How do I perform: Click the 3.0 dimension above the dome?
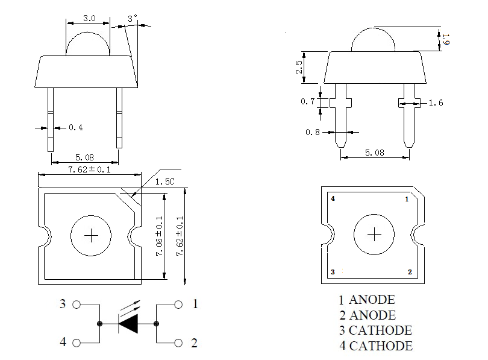(x=89, y=18)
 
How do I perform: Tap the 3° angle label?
(x=133, y=19)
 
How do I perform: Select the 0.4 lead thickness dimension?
(x=76, y=127)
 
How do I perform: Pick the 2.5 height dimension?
(x=299, y=67)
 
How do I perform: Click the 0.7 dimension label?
(x=307, y=102)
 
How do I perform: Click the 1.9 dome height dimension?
(x=446, y=40)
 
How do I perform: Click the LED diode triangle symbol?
(x=128, y=324)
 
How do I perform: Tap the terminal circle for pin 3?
(x=77, y=305)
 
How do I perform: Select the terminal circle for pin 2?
(x=178, y=343)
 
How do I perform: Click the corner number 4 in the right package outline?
(x=333, y=198)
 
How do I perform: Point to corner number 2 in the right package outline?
(x=410, y=273)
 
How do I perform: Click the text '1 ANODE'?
(x=366, y=300)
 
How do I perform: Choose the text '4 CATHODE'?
(x=375, y=346)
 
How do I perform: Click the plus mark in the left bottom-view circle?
(x=91, y=235)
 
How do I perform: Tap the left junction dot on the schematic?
(x=100, y=324)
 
